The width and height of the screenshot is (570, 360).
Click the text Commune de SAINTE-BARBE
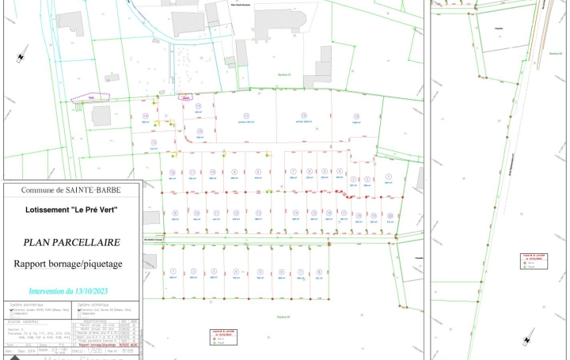tap(71, 191)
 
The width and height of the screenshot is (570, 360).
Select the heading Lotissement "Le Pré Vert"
tap(71, 211)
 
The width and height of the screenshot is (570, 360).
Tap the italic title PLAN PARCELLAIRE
tap(71, 243)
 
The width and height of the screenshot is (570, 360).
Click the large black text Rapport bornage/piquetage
tap(71, 263)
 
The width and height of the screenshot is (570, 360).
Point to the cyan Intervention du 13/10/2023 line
tap(71, 291)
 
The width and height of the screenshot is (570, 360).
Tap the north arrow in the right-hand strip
tap(526, 340)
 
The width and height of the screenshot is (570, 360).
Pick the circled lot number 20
tap(389, 214)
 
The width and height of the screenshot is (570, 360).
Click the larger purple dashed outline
tap(92, 99)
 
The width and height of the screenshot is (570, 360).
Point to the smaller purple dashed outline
tap(186, 98)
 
